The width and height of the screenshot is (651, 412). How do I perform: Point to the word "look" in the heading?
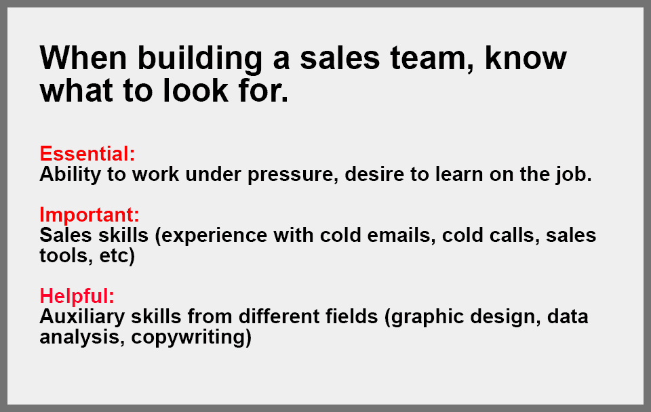[195, 90]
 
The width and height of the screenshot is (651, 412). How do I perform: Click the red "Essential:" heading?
[87, 154]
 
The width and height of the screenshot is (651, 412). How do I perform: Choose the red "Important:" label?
[90, 215]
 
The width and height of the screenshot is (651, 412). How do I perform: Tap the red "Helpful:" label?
[77, 296]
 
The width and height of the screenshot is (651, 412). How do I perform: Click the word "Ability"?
[70, 174]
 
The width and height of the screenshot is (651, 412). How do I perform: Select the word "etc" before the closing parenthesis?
[115, 255]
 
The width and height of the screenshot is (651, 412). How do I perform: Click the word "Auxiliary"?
[82, 317]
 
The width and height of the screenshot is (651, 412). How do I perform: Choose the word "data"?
[568, 316]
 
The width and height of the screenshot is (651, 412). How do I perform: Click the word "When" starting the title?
[83, 58]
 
